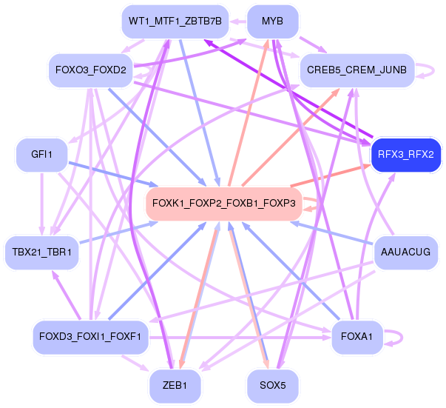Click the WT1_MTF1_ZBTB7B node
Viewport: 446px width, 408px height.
coord(175,21)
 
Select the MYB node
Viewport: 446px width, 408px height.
coord(272,21)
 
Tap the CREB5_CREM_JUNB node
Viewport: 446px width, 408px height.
coord(354,70)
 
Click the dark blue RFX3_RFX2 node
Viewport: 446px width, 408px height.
coord(405,155)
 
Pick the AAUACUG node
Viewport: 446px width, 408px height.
coord(405,253)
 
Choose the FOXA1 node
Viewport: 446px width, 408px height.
coord(357,337)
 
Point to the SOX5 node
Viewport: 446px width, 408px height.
coord(272,385)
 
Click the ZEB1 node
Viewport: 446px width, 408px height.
coord(175,385)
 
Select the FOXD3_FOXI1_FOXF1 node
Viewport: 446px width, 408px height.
coord(91,337)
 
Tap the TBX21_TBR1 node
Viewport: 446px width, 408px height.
coord(41,253)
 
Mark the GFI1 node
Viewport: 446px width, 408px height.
coord(41,155)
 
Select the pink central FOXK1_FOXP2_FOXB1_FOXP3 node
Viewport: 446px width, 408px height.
coord(223,203)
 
